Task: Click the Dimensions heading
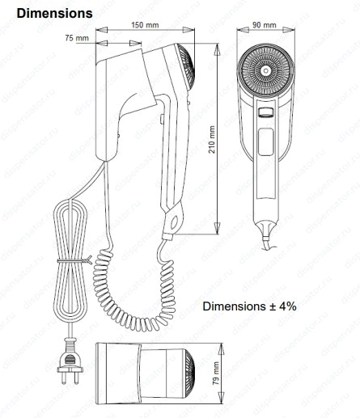(x=54, y=14)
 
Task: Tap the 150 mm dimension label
(x=145, y=25)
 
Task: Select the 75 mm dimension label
(x=77, y=38)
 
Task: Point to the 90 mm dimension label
(x=265, y=25)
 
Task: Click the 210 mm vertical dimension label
(x=212, y=140)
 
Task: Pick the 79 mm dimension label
(x=216, y=374)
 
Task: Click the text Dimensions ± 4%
(x=249, y=306)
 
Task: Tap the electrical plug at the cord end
(x=70, y=361)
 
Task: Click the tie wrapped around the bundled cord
(x=74, y=260)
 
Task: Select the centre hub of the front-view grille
(x=265, y=71)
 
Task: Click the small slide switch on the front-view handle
(x=265, y=112)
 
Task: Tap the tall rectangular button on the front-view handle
(x=265, y=141)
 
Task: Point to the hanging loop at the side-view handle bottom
(x=174, y=222)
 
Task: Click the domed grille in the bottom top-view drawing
(x=189, y=374)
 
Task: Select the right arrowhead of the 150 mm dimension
(x=188, y=30)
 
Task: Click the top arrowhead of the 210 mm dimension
(x=218, y=49)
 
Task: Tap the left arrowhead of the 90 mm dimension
(x=243, y=30)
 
